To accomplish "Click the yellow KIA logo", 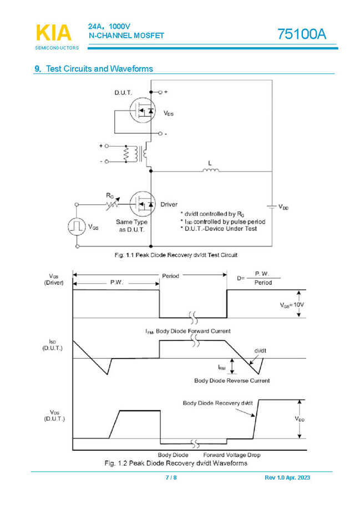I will point(54,33).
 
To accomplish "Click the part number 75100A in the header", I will point(302,34).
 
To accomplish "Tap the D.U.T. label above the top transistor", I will point(123,93).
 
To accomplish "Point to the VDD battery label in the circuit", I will point(283,206).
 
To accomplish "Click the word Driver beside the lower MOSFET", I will point(169,204).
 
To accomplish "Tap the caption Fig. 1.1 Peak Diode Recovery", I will point(175,255).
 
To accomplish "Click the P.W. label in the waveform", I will point(116,282).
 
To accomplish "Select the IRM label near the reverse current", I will point(221,367).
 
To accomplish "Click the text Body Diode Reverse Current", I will point(232,381).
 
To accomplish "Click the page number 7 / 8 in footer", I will point(171,478).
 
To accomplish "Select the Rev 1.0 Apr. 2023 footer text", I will point(288,478).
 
